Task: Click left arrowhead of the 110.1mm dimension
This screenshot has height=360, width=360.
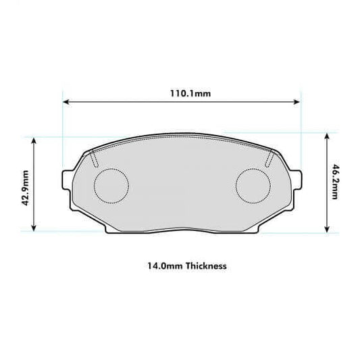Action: tap(65, 103)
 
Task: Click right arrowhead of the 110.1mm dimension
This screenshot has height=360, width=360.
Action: tap(297, 103)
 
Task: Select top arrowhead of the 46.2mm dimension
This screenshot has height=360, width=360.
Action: tap(327, 135)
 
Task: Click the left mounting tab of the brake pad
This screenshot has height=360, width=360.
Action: tap(67, 181)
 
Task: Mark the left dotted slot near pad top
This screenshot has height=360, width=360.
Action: tap(94, 159)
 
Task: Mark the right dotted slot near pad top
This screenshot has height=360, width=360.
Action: tap(269, 159)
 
